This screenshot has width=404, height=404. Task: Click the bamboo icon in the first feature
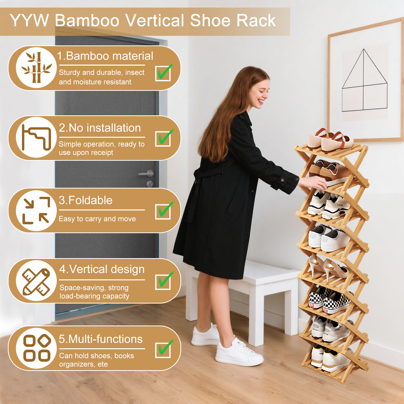(x=37, y=67)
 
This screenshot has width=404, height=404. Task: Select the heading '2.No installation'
(x=100, y=128)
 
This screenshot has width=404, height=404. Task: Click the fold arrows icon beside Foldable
(x=36, y=210)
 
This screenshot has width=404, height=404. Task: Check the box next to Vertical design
(x=163, y=282)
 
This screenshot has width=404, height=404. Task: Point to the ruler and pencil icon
(x=36, y=282)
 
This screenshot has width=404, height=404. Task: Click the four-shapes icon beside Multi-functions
(x=37, y=348)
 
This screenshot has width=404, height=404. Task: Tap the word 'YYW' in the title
(x=29, y=20)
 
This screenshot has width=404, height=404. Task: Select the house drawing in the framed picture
(x=364, y=80)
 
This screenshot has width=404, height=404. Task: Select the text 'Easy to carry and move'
(x=97, y=219)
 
